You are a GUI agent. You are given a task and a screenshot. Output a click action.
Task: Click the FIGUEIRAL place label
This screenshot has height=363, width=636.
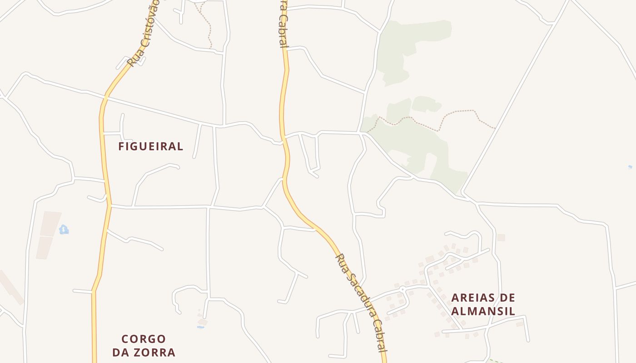coord(150,147)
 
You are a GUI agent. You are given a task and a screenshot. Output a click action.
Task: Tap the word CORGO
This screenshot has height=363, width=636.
coord(144,339)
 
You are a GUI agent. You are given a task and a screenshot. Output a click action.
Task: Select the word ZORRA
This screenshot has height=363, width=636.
coord(153,353)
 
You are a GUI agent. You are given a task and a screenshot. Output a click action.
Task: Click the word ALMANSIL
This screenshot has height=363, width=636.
coord(483,311)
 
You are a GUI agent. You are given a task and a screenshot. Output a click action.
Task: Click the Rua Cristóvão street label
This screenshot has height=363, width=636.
coord(144,34)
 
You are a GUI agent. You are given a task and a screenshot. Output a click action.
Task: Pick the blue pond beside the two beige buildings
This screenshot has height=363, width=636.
coord(64,230)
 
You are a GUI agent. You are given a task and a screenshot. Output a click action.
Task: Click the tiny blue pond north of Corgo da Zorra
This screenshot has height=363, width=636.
coord(200,326)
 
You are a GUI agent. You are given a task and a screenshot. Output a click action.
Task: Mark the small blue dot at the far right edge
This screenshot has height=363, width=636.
coord(630,167)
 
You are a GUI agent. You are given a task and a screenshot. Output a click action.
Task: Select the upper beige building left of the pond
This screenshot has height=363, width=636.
coord(50,223)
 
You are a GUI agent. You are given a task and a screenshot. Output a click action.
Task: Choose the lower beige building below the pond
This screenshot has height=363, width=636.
coord(45,248)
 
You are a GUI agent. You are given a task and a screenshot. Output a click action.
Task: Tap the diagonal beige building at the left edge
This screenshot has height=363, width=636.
coord(11,287)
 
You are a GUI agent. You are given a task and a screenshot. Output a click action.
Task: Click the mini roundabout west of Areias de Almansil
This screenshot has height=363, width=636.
coord(402,289)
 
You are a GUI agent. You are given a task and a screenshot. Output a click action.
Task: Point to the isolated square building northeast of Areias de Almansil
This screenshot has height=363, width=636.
coord(501,237)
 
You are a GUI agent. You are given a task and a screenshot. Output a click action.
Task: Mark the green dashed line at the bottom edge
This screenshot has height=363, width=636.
coord(495,361)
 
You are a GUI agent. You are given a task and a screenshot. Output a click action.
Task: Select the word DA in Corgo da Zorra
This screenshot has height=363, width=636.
coord(120,353)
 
